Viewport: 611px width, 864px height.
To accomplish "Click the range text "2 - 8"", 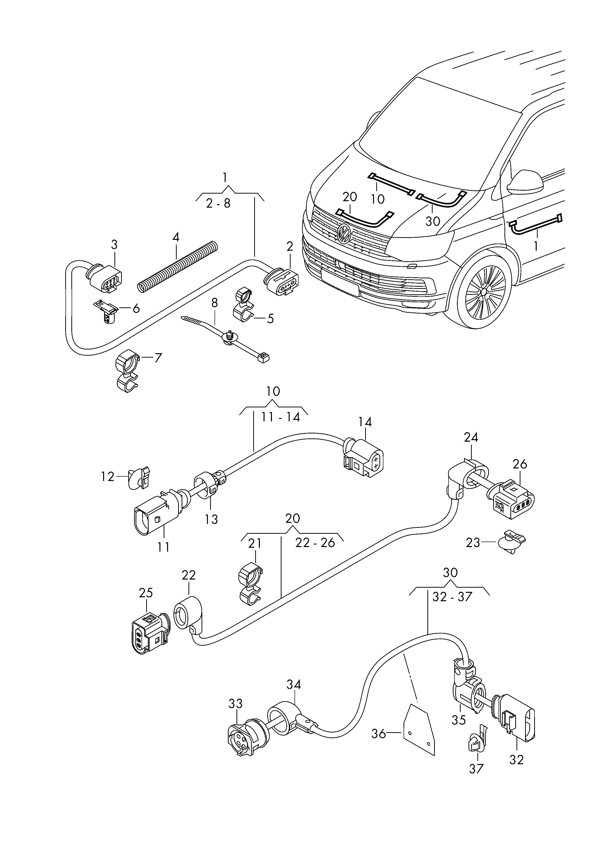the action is tap(218, 203).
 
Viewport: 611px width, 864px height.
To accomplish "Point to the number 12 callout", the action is tap(108, 477).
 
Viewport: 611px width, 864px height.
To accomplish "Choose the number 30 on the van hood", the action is tap(433, 221).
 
